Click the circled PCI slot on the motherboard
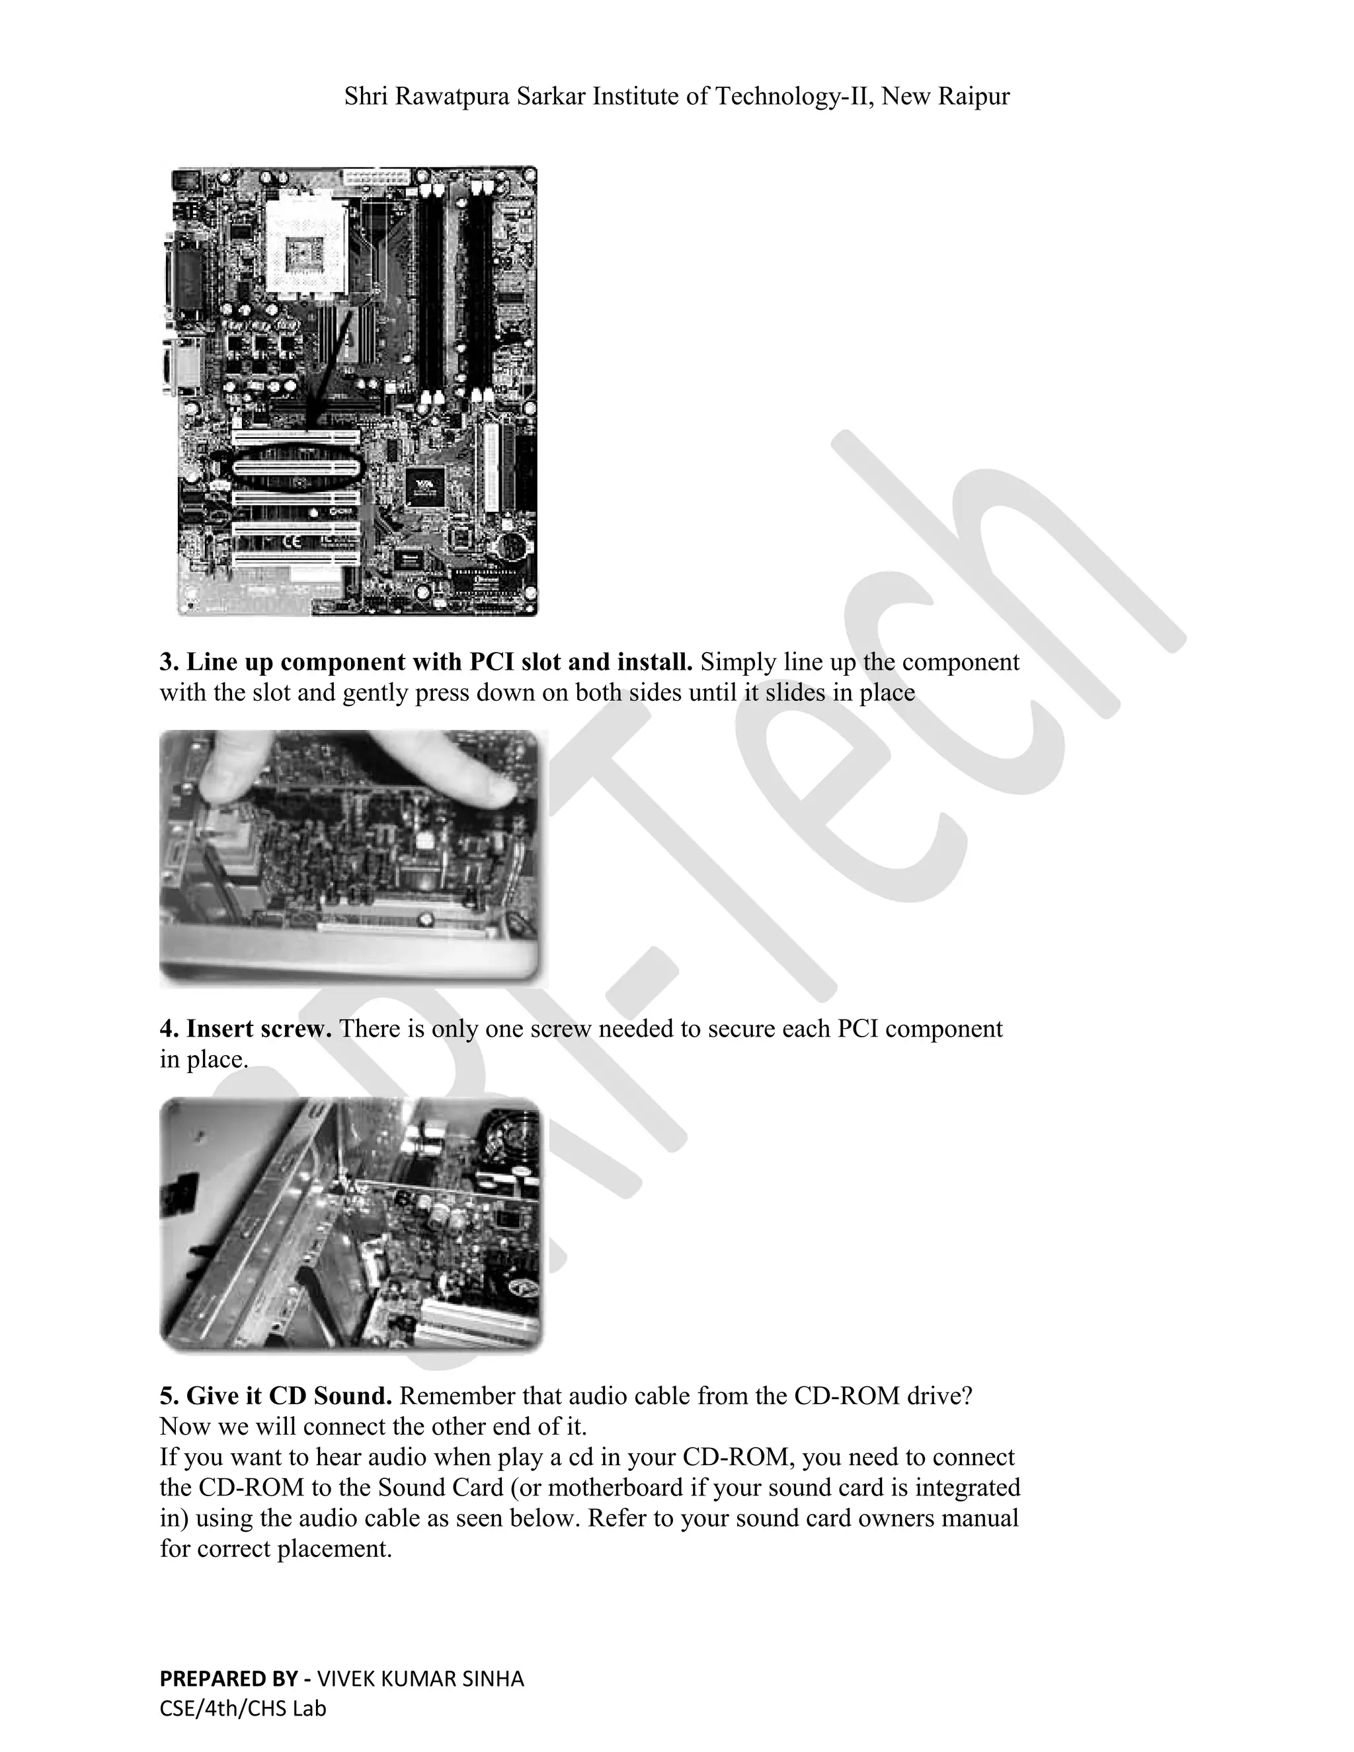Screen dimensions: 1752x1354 coord(296,469)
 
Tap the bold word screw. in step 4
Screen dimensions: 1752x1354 coord(294,1029)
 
